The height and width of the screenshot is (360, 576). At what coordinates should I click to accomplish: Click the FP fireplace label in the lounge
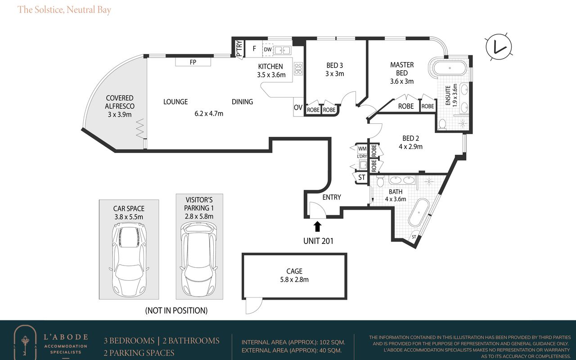[193, 62]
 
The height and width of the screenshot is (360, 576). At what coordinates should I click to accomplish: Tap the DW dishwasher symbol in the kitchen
[268, 49]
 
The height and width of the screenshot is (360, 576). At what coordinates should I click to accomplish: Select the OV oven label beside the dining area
[298, 107]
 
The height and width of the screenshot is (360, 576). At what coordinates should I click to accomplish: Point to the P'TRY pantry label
[239, 49]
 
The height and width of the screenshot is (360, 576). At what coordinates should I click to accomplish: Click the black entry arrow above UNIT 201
[318, 226]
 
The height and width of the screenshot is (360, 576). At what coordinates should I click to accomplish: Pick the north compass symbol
[499, 47]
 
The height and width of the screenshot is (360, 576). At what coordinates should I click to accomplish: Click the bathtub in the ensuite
[450, 68]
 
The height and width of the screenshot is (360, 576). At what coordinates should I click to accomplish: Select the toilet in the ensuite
[442, 125]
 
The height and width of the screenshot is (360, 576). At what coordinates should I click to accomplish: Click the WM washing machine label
[362, 148]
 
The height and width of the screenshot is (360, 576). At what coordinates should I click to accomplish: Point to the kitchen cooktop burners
[298, 69]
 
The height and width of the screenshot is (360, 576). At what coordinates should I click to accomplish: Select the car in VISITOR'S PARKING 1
[199, 259]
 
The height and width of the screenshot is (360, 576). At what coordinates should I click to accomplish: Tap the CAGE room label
[294, 271]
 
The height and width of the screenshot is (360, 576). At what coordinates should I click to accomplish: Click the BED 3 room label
[334, 65]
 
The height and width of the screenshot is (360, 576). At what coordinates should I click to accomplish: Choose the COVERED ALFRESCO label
[120, 102]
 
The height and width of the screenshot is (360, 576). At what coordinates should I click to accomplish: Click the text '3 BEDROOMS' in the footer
[129, 341]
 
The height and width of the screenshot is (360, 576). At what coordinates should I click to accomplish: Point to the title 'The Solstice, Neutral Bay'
[64, 10]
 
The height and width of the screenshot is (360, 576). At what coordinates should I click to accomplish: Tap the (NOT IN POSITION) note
[176, 310]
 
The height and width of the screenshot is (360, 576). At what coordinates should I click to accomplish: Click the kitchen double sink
[282, 50]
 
